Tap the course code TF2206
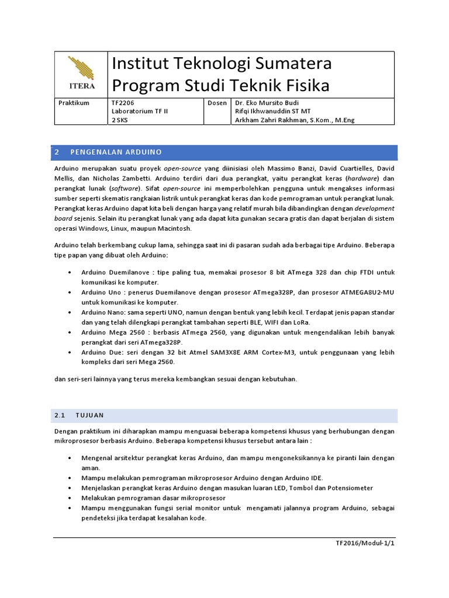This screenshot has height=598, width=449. tap(123, 102)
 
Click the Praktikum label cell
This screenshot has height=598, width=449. tap(74, 102)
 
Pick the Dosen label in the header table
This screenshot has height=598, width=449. tap(217, 102)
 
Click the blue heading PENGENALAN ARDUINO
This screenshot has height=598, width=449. tap(116, 152)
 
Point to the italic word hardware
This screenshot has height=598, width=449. tap(363, 178)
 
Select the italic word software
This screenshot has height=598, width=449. tap(125, 189)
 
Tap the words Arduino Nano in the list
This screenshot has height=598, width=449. tap(99, 312)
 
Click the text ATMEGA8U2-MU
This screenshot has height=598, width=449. tap(365, 292)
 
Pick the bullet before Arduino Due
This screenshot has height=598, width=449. tap(70, 352)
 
